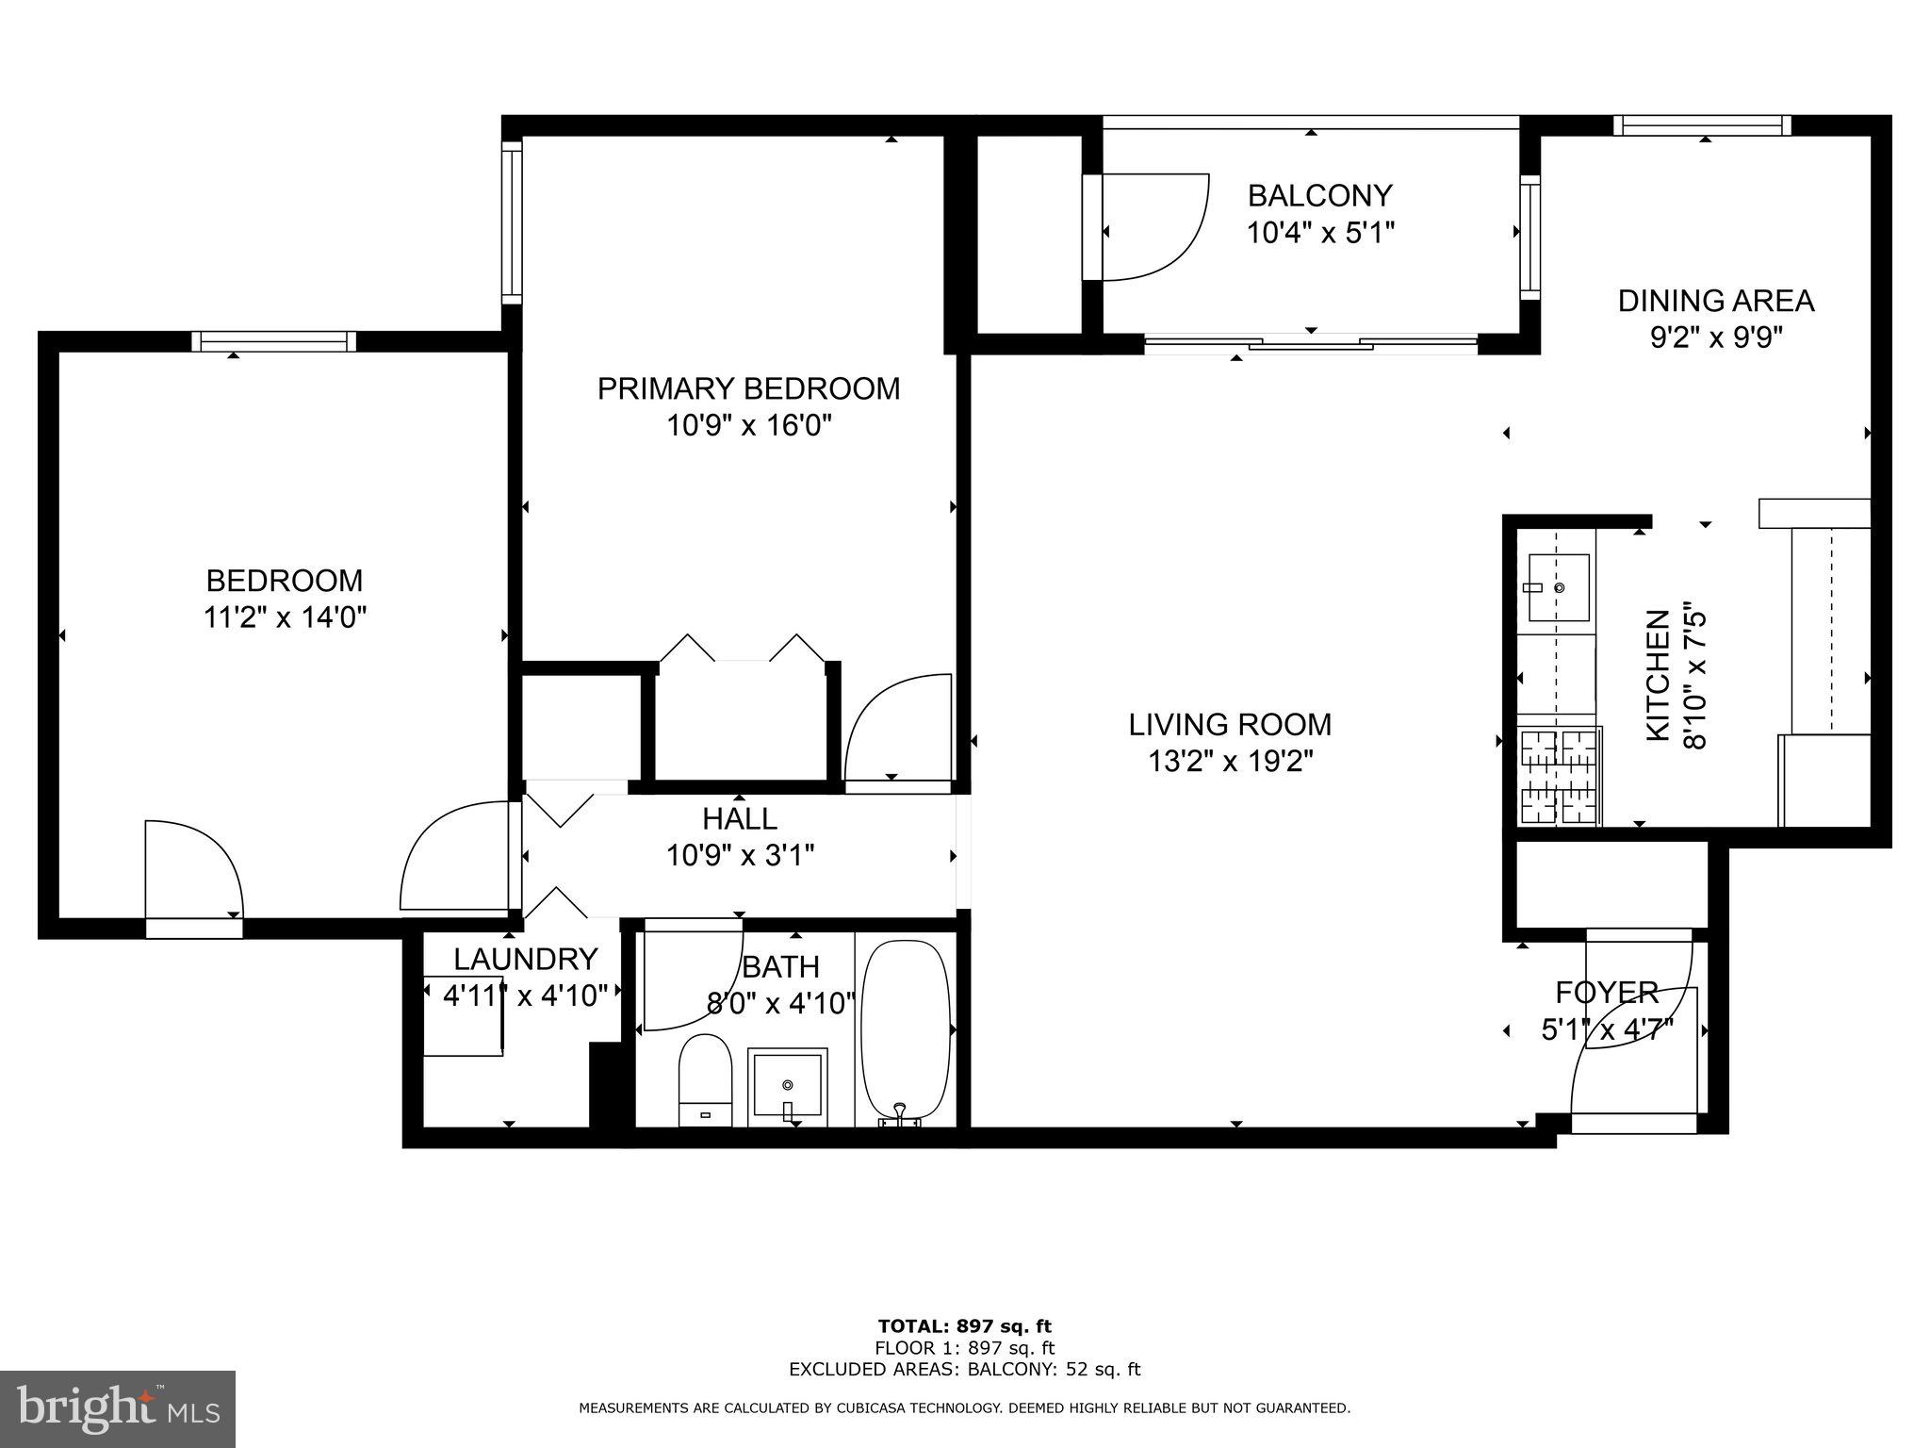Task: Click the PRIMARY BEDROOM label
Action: point(748,388)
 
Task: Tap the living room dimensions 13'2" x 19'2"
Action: point(1230,761)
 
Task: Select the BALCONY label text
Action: point(1319,196)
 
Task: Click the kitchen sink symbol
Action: point(1558,588)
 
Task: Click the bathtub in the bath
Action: point(906,1030)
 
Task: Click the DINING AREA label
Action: point(1715,301)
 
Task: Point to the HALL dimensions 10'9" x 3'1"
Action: point(740,856)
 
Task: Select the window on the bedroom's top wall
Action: point(274,341)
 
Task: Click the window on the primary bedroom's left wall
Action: point(511,222)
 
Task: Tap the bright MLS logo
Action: point(118,1408)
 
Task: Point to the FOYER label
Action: point(1606,993)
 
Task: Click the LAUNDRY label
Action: point(525,960)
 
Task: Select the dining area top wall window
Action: point(1702,125)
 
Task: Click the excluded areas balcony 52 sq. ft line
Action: point(964,1370)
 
